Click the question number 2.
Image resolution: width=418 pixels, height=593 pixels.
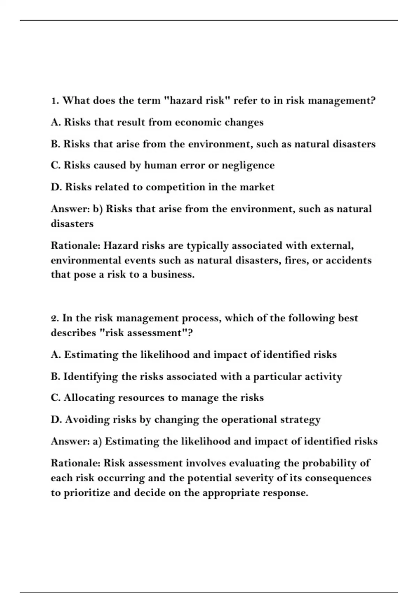coord(54,318)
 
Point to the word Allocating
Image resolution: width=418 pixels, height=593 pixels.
coord(89,398)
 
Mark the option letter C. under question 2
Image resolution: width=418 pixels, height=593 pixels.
coord(56,398)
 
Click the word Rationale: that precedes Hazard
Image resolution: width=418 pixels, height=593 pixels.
coord(76,246)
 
